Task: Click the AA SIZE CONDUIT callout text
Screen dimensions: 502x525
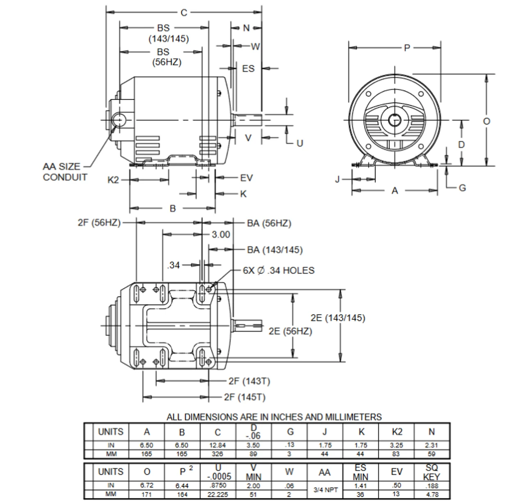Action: click(65, 172)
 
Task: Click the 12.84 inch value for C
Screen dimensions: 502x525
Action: click(217, 445)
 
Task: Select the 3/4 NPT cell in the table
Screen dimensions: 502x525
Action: click(325, 490)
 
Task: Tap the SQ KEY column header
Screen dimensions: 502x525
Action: click(431, 472)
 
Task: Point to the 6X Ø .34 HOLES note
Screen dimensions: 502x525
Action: click(278, 270)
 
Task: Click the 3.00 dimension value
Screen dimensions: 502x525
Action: click(221, 235)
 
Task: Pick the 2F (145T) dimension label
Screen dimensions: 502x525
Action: click(245, 397)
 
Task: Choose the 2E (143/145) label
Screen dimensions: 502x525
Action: click(338, 318)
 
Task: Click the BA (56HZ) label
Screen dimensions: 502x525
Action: click(269, 223)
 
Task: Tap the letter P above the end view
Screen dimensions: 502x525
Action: click(406, 48)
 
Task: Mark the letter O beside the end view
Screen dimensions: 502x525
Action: click(486, 121)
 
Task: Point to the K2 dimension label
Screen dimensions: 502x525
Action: click(113, 180)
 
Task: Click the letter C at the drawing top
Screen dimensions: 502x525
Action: click(184, 13)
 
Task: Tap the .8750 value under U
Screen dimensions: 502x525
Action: click(217, 485)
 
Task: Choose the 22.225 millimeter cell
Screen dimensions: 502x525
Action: click(217, 494)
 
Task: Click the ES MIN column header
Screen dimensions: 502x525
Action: click(361, 472)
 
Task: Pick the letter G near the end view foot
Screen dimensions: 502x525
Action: click(462, 188)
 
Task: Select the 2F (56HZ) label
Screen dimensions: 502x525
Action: click(99, 222)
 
